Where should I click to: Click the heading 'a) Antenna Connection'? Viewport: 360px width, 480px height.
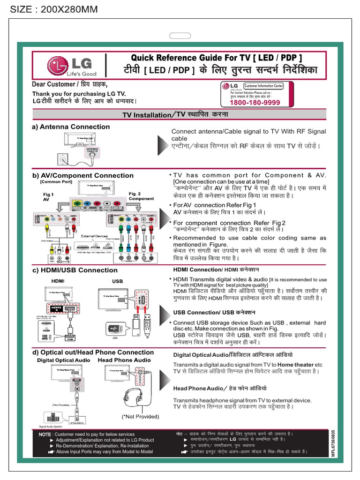click(71, 127)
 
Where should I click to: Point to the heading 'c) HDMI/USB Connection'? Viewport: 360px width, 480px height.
click(75, 270)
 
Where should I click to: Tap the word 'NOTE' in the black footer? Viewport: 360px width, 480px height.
click(45, 435)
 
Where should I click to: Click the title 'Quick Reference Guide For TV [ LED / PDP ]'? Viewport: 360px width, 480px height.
click(217, 58)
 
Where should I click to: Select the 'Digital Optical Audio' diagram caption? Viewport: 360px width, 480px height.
click(64, 360)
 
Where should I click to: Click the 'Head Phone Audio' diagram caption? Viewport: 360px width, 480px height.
click(124, 360)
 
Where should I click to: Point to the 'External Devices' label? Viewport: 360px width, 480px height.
click(94, 236)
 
